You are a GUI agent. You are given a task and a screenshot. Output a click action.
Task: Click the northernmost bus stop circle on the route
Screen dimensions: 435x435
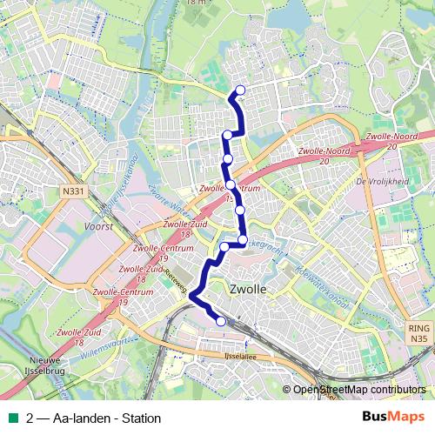tap(240, 90)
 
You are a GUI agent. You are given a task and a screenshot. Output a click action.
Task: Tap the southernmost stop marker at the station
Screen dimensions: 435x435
tap(221, 322)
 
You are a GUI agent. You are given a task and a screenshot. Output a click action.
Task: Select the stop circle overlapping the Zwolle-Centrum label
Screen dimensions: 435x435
tap(231, 184)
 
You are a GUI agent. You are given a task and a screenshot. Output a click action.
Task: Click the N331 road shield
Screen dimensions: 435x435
tap(73, 190)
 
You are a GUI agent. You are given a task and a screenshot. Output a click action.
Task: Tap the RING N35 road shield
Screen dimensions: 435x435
tap(418, 332)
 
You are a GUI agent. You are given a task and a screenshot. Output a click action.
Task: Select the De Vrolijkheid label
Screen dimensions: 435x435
tap(382, 182)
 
